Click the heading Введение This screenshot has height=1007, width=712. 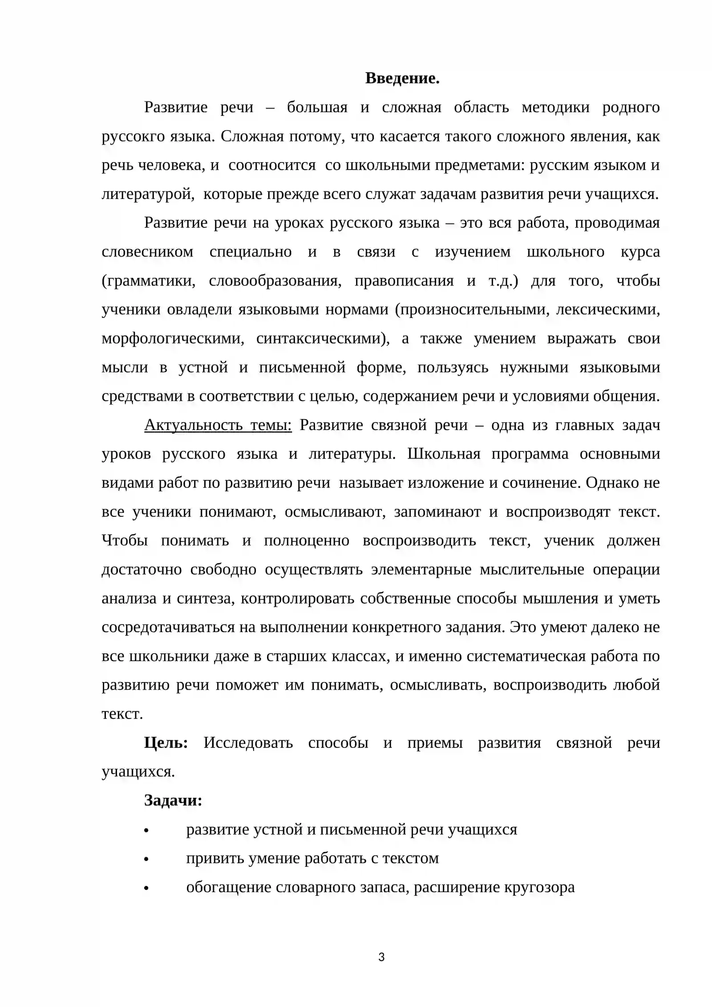[x=402, y=78]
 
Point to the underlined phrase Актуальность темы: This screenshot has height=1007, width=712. [x=218, y=425]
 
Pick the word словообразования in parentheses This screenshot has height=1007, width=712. [x=275, y=281]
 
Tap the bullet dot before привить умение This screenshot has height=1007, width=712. [x=146, y=859]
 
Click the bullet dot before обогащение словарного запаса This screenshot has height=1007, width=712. [x=146, y=888]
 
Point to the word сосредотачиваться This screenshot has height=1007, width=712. [x=168, y=627]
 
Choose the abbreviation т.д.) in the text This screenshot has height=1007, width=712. [x=503, y=281]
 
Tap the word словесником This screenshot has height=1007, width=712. [x=147, y=252]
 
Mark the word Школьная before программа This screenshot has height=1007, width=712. [x=444, y=454]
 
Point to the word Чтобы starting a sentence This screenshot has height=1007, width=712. [x=125, y=540]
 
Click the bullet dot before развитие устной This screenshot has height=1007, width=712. [x=146, y=830]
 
